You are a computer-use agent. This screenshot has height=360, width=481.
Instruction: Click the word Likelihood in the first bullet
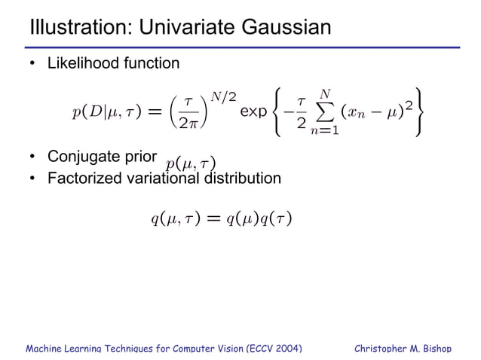81,63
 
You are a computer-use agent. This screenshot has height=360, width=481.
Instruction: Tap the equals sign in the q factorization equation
213,219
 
